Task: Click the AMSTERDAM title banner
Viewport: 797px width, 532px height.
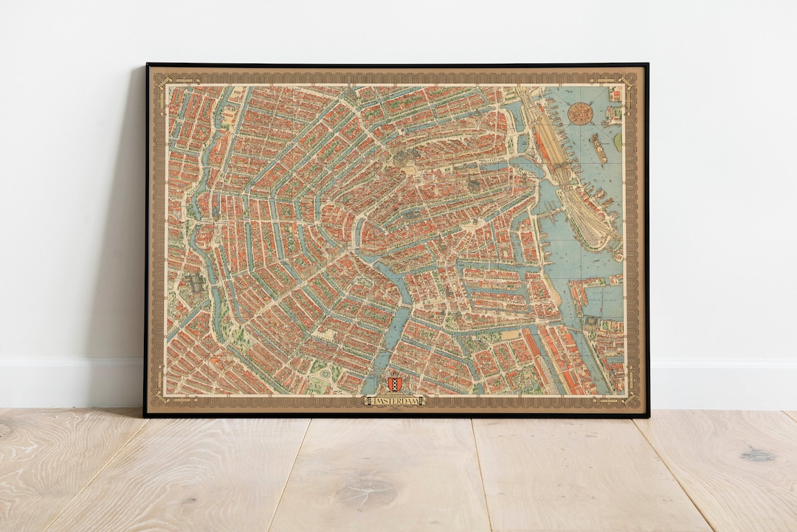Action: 395,401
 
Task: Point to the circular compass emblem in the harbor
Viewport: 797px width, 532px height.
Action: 582,114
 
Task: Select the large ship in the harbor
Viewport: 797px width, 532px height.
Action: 598,148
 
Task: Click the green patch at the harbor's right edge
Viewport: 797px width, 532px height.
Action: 616,138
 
